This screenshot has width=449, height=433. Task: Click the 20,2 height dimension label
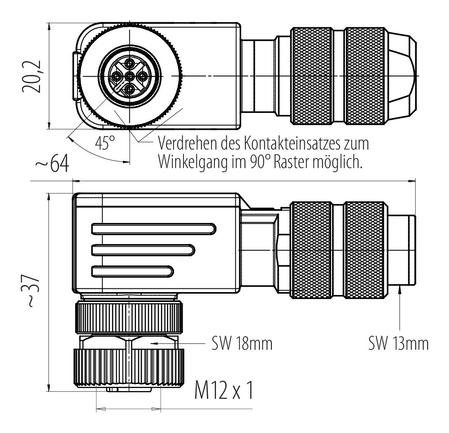(31, 76)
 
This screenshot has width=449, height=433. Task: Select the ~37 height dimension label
(30, 291)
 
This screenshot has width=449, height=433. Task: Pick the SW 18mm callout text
(242, 343)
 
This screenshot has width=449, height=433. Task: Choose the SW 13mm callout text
(398, 343)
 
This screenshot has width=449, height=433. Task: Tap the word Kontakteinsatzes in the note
(289, 143)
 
